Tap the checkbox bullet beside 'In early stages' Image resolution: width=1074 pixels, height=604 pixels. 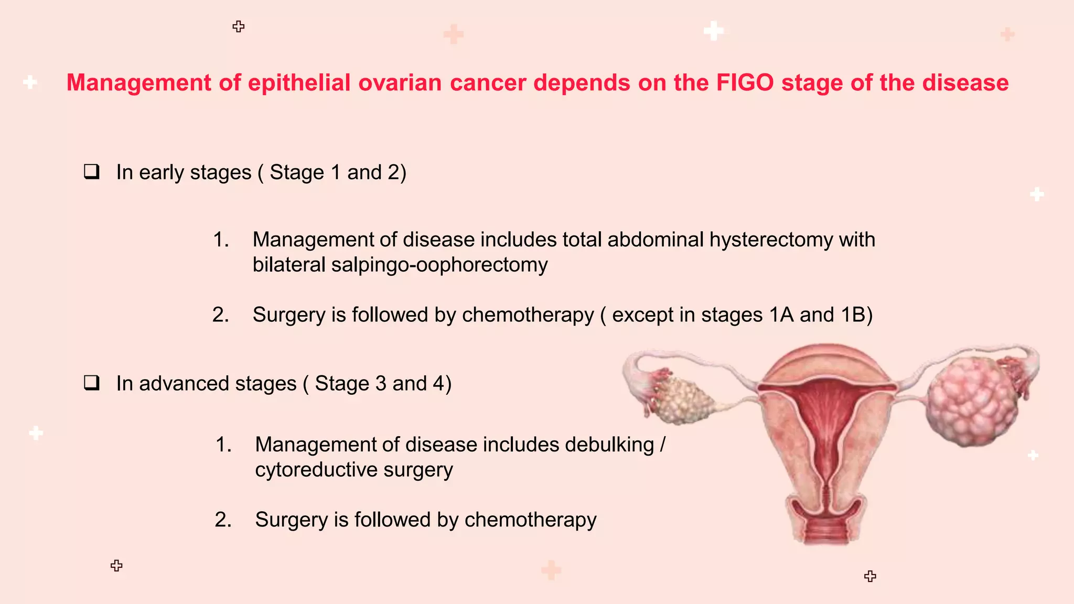coord(92,172)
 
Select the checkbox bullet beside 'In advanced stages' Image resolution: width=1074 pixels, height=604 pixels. coord(92,383)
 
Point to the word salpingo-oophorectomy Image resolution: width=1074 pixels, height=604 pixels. coord(439,265)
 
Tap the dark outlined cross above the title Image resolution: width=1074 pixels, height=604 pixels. coord(239,27)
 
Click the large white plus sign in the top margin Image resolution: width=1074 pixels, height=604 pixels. coord(713,31)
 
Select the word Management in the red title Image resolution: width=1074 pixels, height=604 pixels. coord(138,83)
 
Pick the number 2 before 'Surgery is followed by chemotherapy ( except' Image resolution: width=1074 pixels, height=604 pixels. coord(220,315)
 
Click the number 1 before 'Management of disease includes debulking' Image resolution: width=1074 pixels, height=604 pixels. coord(223,445)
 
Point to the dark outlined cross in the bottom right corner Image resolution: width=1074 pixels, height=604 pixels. coord(870,576)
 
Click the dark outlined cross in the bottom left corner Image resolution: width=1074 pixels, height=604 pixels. coord(116,565)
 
